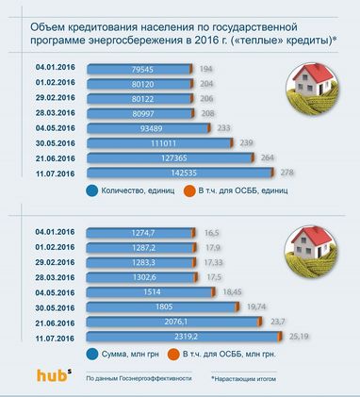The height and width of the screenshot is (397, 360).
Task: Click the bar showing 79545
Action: (x=136, y=69)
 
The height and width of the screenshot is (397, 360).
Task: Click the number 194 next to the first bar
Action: (x=206, y=69)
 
